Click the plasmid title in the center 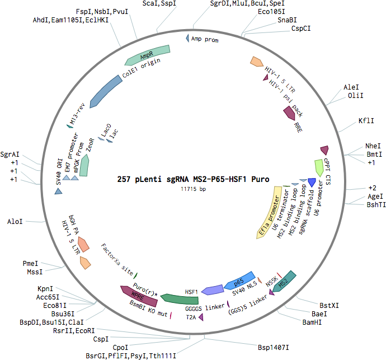point(193,179)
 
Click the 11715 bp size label point(193,189)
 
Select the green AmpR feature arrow point(148,55)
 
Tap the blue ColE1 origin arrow point(105,92)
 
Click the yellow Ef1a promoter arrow point(270,213)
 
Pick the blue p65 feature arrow point(239,280)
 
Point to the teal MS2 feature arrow point(284,282)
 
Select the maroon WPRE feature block point(139,296)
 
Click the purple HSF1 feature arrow point(212,290)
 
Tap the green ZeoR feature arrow point(84,165)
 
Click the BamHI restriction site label point(312,322)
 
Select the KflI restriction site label point(366,121)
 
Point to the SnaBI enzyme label point(287,20)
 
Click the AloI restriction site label point(15,222)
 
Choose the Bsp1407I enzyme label point(273,348)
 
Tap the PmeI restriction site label point(30,263)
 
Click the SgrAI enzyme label point(10,155)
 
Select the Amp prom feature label point(205,39)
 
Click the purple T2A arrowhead point(201,317)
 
